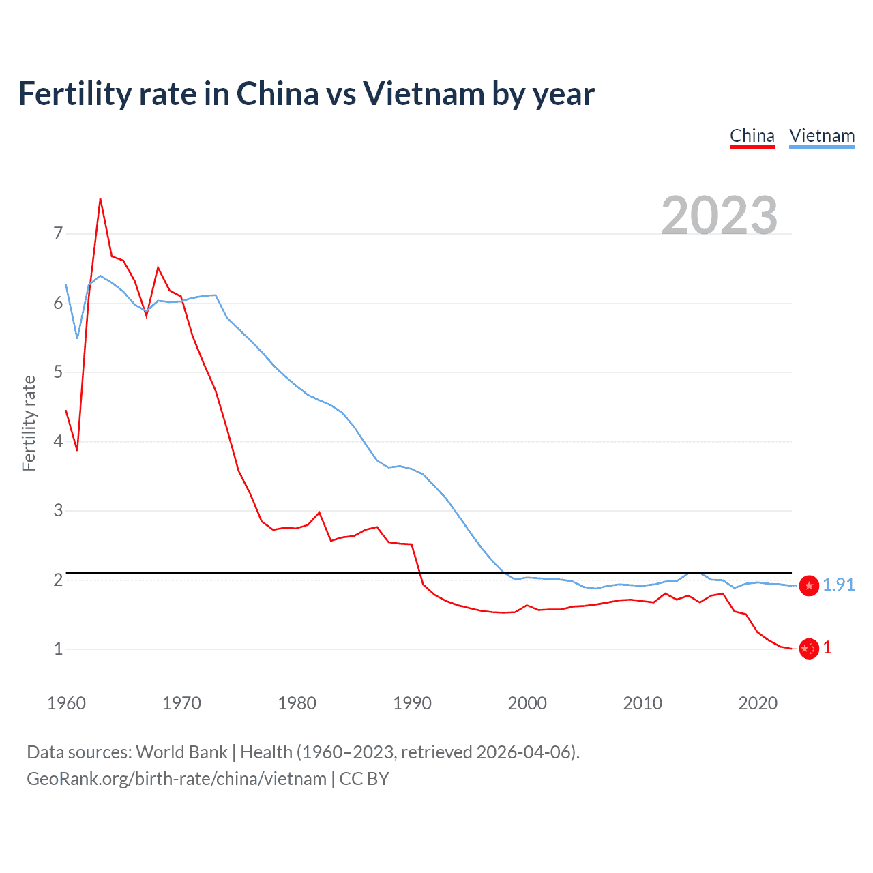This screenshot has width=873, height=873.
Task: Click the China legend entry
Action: click(x=752, y=136)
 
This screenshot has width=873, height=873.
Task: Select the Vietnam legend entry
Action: click(x=822, y=136)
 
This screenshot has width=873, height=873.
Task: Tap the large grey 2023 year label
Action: click(x=720, y=216)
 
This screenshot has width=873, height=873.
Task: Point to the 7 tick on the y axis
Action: click(x=58, y=234)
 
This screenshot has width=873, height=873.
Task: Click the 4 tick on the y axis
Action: click(x=58, y=441)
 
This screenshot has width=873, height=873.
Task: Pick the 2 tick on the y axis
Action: click(x=58, y=580)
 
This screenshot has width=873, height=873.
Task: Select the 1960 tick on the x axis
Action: click(x=66, y=703)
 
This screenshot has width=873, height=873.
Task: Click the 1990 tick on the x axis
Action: click(x=412, y=703)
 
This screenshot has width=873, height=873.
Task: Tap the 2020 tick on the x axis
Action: click(x=758, y=703)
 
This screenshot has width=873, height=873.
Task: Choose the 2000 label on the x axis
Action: click(x=527, y=703)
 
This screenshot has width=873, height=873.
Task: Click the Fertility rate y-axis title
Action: click(x=29, y=423)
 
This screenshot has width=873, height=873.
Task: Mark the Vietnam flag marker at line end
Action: click(x=809, y=585)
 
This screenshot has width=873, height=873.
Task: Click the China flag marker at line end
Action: click(x=809, y=649)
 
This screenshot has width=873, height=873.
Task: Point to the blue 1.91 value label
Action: click(x=838, y=585)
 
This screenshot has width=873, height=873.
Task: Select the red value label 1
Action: click(x=827, y=648)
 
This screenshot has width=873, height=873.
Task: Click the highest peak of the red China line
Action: click(x=100, y=199)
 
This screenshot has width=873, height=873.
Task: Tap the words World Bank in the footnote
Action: click(x=181, y=752)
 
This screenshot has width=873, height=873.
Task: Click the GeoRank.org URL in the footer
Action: click(x=176, y=779)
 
